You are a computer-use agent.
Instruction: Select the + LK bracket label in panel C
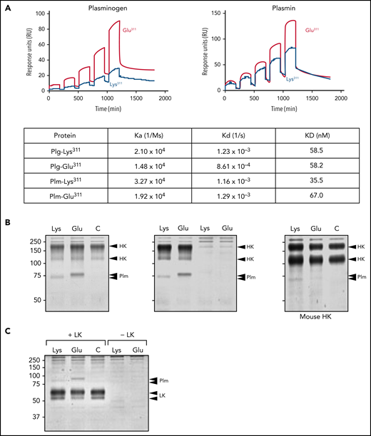(71, 333)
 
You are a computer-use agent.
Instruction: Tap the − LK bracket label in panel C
(127, 333)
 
